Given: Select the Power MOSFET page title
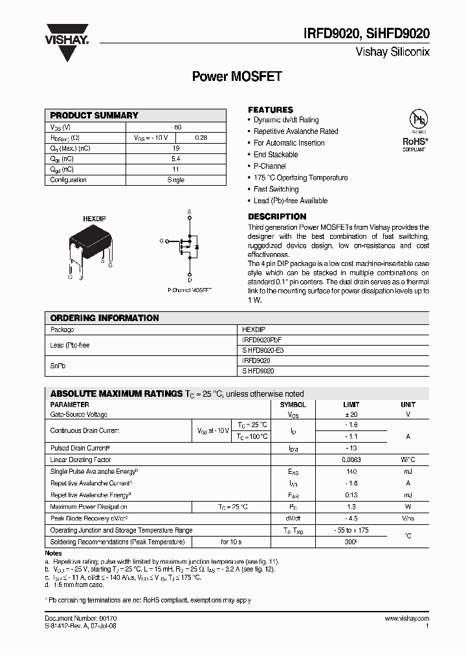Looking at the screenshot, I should tap(237, 76).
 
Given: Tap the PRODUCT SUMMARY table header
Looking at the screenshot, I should tap(94, 115).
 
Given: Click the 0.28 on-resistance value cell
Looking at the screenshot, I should tap(201, 137).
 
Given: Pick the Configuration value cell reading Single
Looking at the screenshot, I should tap(175, 180).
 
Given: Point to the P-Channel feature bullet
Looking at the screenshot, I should tap(271, 166).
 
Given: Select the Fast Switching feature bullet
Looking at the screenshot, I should tap(276, 189).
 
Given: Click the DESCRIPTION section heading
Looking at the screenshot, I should tap(277, 217).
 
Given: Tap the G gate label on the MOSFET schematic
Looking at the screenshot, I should tap(161, 241).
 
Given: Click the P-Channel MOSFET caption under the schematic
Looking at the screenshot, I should tap(190, 291).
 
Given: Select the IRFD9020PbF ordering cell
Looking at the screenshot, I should tap(261, 340).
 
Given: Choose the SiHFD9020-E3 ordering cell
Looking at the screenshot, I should tap(262, 350).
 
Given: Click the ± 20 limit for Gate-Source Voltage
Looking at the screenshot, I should tap(352, 414).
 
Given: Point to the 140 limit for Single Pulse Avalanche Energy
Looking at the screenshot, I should tap(352, 472).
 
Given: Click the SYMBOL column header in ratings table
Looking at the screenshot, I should tap(292, 405).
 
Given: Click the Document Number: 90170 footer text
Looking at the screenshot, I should tap(81, 619).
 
